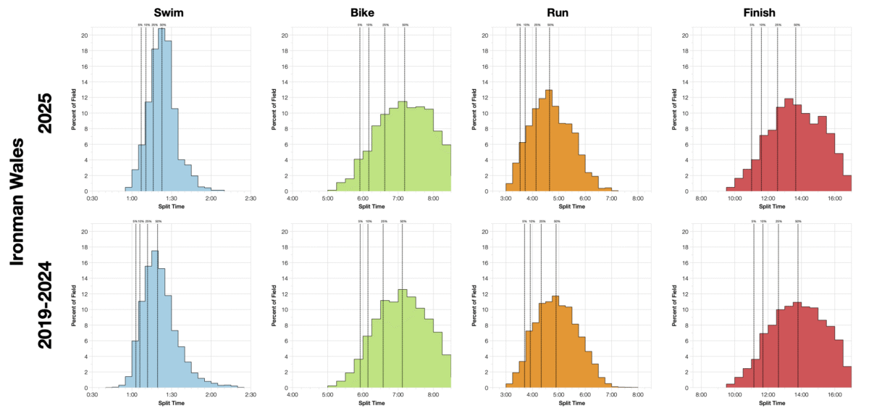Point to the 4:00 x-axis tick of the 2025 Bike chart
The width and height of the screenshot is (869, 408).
pyautogui.click(x=293, y=198)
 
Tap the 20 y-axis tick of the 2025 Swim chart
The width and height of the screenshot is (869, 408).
pyautogui.click(x=84, y=35)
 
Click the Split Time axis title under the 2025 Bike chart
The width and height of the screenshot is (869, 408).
pyautogui.click(x=371, y=206)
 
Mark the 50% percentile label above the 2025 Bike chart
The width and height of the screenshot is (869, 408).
pyautogui.click(x=405, y=25)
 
